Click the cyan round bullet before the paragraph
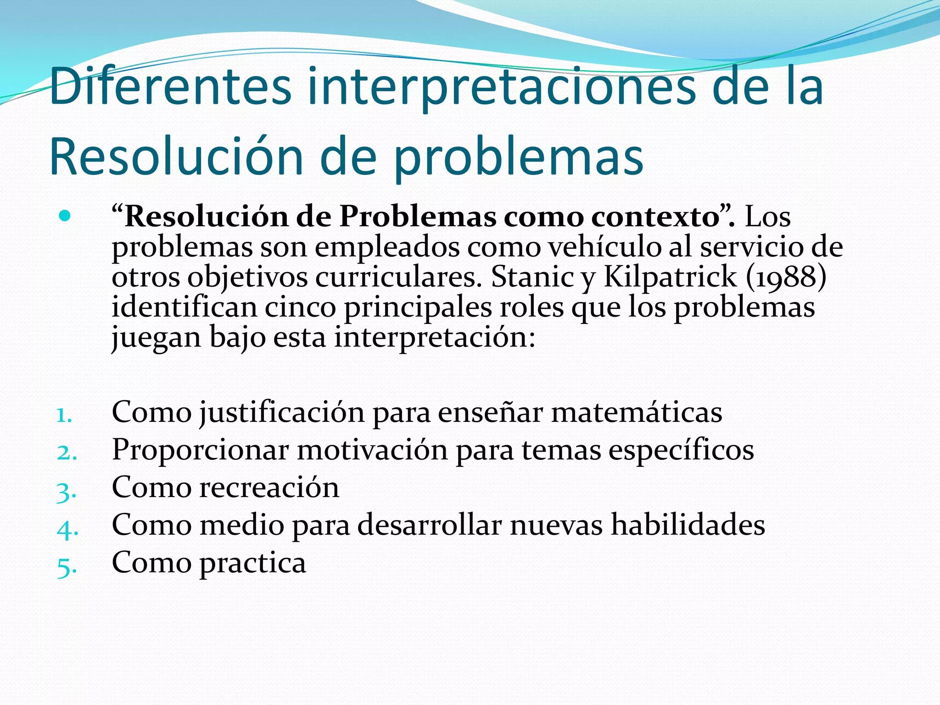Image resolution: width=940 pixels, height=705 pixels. click(x=65, y=216)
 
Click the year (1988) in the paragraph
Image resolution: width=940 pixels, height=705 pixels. click(x=786, y=276)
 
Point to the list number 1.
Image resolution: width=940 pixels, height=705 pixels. click(x=64, y=415)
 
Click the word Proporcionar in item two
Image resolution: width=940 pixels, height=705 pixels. click(x=200, y=450)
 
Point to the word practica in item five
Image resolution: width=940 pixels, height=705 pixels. click(x=252, y=563)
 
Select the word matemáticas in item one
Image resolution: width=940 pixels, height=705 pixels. click(x=636, y=412)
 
